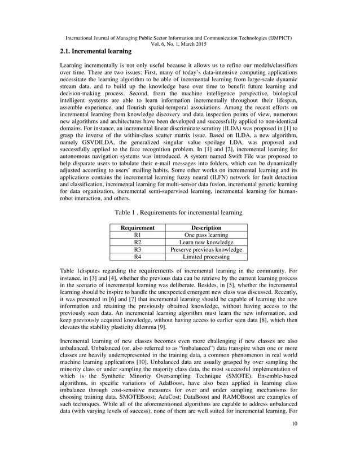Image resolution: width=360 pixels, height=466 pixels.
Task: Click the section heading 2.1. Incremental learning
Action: (96, 51)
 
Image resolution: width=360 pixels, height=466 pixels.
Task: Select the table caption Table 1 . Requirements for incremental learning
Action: (179, 213)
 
